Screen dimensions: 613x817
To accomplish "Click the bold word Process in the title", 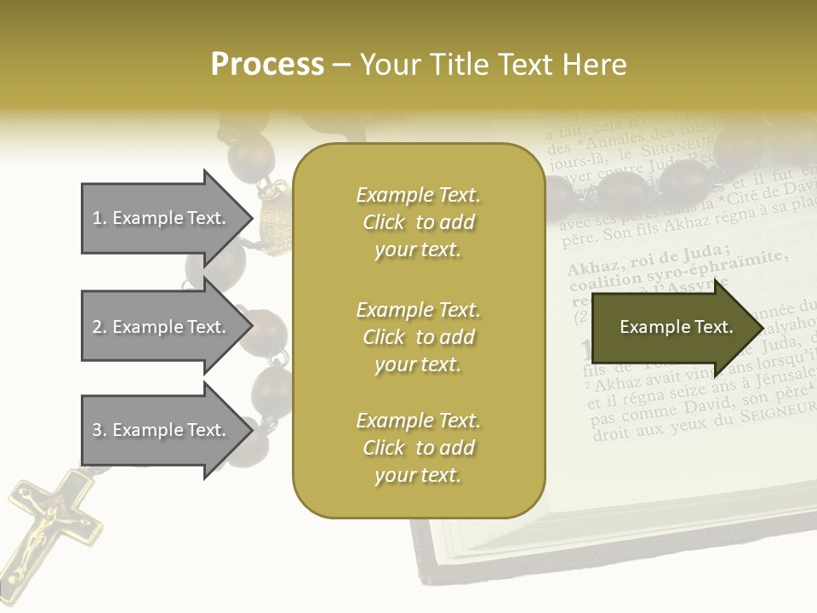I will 267,65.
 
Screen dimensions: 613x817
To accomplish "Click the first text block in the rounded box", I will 418,222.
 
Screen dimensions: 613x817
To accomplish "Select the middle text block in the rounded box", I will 418,337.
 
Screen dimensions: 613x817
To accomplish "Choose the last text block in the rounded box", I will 418,448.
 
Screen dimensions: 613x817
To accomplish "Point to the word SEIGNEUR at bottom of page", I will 776,411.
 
